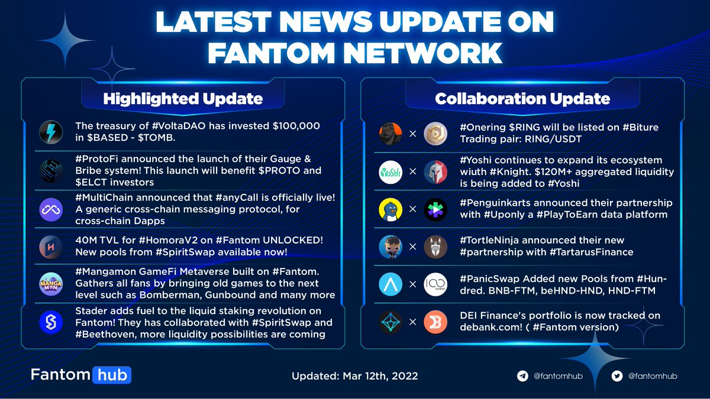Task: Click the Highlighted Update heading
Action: pos(182,98)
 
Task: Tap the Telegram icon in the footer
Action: pos(522,375)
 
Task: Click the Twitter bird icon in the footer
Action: pos(618,375)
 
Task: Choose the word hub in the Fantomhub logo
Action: pos(111,375)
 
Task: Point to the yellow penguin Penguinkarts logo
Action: pos(390,209)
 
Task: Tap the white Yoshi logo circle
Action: pos(390,172)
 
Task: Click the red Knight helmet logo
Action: pos(435,172)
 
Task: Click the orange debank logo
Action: pos(435,322)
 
